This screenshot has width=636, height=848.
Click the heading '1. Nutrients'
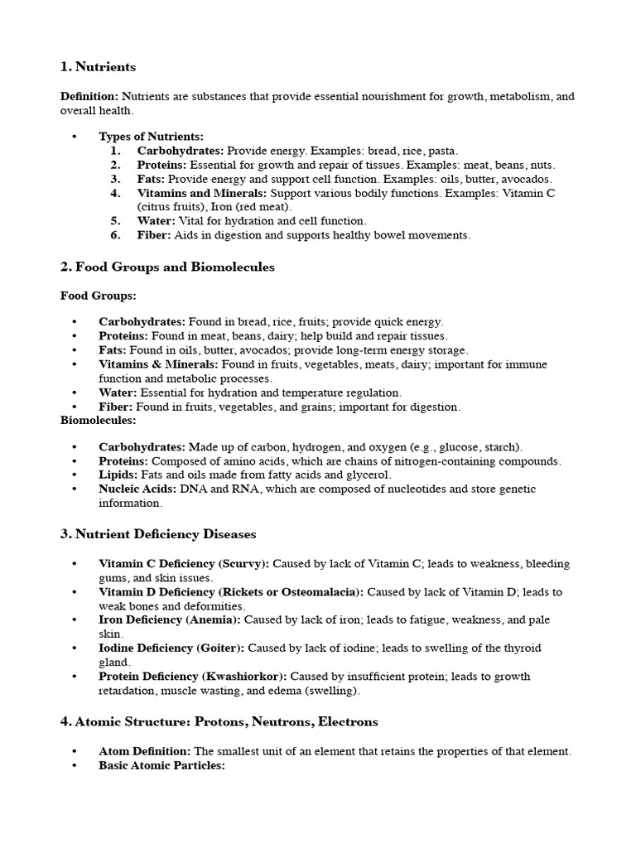[98, 66]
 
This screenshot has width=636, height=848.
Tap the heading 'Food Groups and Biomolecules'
[175, 267]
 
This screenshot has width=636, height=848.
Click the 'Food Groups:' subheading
[99, 295]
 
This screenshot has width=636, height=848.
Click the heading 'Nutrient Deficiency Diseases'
[166, 534]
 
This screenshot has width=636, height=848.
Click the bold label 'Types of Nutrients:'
[151, 137]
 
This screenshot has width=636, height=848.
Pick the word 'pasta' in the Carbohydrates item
[442, 151]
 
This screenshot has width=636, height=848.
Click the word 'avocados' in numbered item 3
[527, 179]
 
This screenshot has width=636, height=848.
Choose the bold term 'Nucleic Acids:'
[137, 489]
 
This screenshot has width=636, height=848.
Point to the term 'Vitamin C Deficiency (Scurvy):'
[184, 564]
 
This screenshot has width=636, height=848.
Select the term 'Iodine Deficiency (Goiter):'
[171, 648]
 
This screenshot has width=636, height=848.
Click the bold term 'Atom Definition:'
[145, 752]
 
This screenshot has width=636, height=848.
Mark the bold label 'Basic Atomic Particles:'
[161, 766]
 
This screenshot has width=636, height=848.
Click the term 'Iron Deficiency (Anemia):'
[170, 620]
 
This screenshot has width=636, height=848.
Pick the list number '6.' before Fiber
[115, 235]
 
